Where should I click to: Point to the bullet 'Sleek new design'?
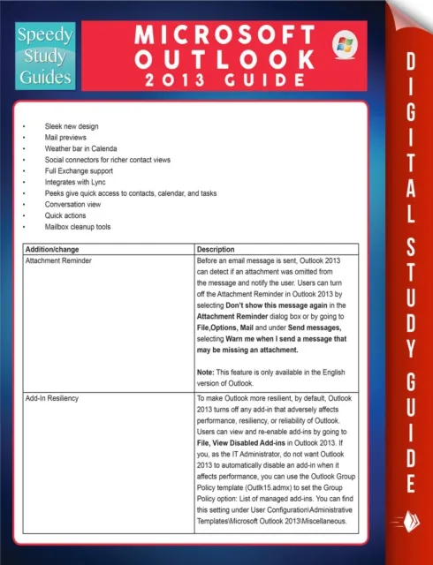(72, 129)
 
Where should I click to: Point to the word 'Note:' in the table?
(207, 372)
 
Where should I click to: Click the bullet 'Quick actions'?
(66, 215)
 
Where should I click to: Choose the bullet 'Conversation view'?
(75, 204)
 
